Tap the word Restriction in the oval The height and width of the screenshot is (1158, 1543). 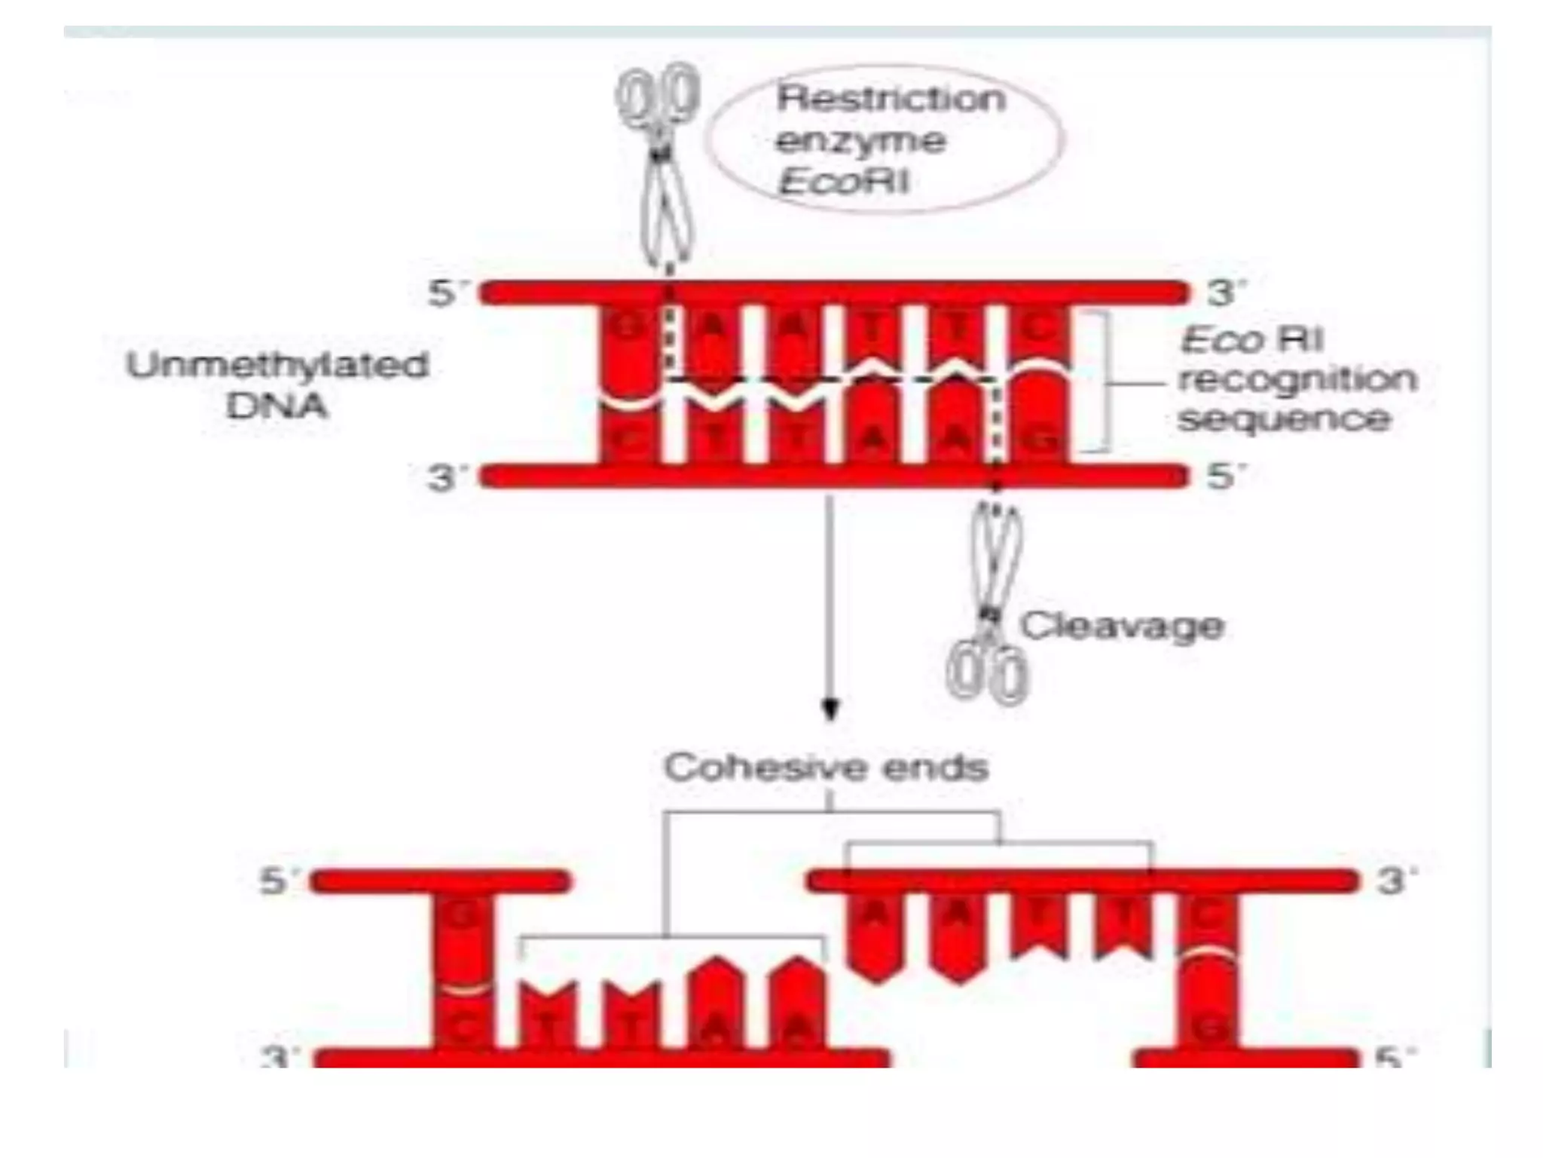click(891, 99)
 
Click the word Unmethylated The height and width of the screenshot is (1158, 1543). click(277, 366)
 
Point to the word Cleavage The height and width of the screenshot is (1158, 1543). click(1122, 626)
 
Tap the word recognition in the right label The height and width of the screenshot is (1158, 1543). click(1297, 379)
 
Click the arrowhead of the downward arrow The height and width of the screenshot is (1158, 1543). click(830, 709)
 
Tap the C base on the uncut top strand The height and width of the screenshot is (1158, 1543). click(1038, 329)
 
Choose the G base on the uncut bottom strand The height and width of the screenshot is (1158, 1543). click(1040, 440)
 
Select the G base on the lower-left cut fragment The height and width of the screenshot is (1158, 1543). click(461, 918)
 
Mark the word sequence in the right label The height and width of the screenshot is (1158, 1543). click(1284, 420)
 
